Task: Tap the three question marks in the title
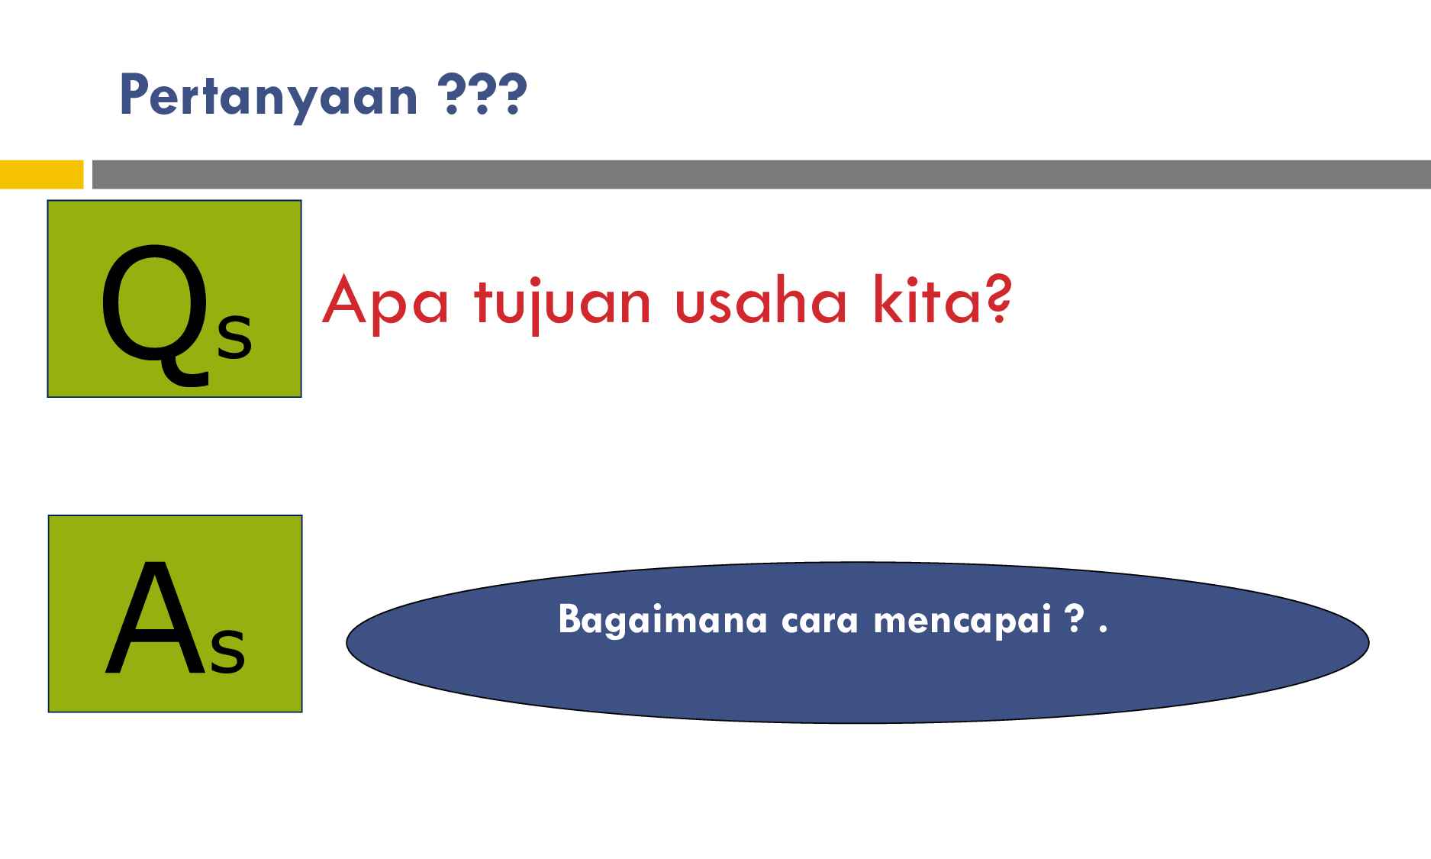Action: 484,95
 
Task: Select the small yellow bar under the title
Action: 41,174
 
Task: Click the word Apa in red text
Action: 385,302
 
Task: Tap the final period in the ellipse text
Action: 1103,631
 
